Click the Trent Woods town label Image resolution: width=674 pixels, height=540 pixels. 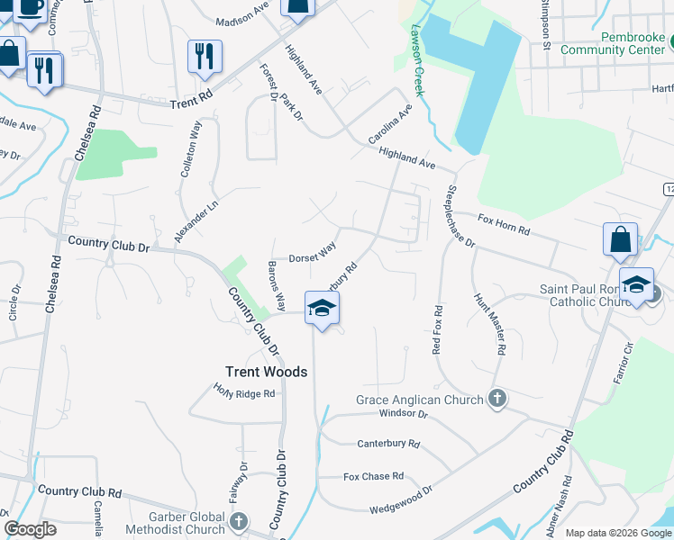click(x=266, y=372)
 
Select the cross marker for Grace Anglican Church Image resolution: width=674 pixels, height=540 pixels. click(x=496, y=399)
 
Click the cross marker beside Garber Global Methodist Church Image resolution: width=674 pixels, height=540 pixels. click(x=239, y=520)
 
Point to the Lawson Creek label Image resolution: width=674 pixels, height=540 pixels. click(x=419, y=49)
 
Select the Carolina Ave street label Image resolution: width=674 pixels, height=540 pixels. click(x=389, y=124)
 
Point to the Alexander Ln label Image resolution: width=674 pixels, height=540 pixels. click(x=196, y=220)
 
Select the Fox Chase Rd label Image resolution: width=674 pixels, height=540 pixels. click(x=373, y=476)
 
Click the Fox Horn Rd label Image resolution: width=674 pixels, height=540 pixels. click(x=503, y=224)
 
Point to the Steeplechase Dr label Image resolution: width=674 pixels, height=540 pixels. click(x=460, y=217)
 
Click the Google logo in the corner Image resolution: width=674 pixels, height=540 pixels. click(x=31, y=529)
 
